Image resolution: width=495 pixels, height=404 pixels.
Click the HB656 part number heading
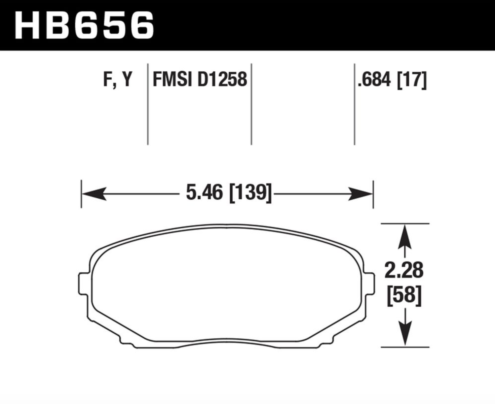[x=84, y=25]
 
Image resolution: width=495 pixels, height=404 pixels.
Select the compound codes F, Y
[x=118, y=80]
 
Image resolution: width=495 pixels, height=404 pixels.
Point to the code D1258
[x=222, y=79]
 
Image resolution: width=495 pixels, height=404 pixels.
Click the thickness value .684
[x=374, y=80]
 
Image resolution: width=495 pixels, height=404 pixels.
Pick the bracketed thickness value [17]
[x=412, y=80]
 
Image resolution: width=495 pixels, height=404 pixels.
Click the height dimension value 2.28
[x=404, y=270]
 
